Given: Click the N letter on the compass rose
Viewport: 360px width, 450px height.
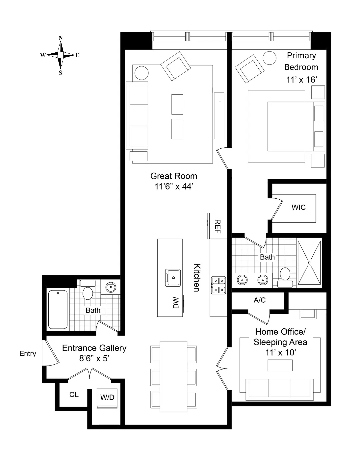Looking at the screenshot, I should [60, 38].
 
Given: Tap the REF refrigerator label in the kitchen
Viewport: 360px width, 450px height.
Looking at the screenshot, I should [217, 226].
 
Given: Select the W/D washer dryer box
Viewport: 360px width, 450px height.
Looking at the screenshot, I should [107, 398].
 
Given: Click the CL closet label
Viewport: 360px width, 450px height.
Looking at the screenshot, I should [74, 395].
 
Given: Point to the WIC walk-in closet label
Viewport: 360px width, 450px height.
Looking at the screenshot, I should [298, 207].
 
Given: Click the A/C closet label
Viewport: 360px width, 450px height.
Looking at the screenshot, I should [260, 300].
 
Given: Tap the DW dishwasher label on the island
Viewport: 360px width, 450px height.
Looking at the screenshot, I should [176, 302].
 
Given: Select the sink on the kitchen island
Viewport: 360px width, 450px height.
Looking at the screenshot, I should [173, 278].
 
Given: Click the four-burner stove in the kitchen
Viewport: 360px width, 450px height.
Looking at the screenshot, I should [218, 285].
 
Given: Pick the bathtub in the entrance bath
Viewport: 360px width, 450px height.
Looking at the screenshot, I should [58, 309].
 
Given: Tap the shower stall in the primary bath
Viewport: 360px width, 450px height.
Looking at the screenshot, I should [309, 262].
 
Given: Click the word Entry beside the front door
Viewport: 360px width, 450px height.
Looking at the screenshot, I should [28, 354].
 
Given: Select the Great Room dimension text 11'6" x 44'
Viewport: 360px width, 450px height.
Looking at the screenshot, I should [174, 186].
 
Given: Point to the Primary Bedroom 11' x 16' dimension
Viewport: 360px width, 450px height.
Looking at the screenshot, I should [301, 80].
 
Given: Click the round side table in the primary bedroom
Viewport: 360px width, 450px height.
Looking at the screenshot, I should [269, 58].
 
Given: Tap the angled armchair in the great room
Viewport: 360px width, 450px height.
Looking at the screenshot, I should [176, 66].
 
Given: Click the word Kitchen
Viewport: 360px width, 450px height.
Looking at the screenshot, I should [197, 277].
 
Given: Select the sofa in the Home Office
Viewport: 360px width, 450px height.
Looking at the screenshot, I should [279, 389].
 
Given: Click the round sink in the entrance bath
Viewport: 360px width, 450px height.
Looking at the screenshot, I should [110, 287].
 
